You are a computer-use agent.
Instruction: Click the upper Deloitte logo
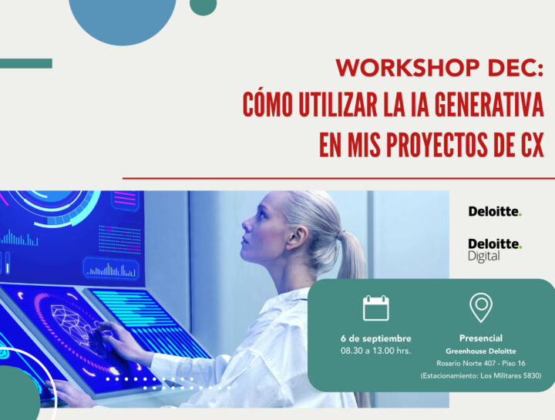pos(495,211)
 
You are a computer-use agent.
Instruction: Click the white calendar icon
pos(376,307)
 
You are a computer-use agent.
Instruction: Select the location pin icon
pos(481,307)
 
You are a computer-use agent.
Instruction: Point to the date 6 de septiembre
pos(375,338)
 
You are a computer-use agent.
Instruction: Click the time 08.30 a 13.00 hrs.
pos(375,351)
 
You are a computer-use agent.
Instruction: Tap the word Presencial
pos(481,338)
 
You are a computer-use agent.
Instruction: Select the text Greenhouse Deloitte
pos(481,351)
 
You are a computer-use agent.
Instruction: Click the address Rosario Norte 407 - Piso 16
pos(481,363)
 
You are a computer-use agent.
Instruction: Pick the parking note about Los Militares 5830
pos(481,376)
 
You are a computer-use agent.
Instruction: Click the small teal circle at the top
pos(203,5)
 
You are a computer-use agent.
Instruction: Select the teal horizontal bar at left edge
pos(25,63)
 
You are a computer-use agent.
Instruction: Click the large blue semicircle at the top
pos(123,15)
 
